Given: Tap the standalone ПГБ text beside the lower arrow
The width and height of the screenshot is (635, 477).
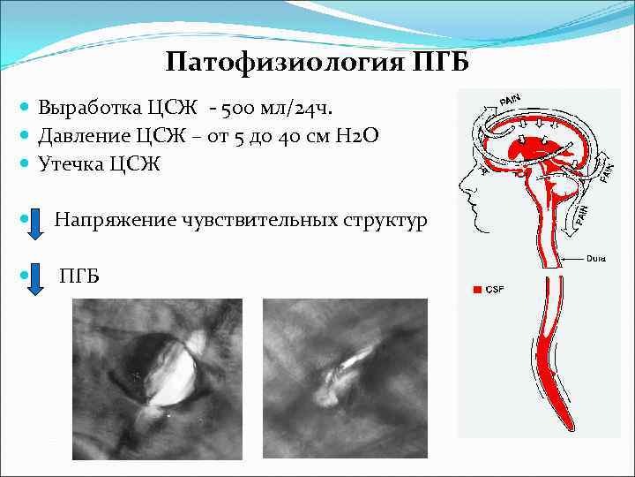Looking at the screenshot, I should [78, 276].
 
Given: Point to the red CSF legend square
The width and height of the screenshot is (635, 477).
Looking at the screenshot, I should [477, 289].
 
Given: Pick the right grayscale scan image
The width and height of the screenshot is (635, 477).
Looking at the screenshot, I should [345, 367].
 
